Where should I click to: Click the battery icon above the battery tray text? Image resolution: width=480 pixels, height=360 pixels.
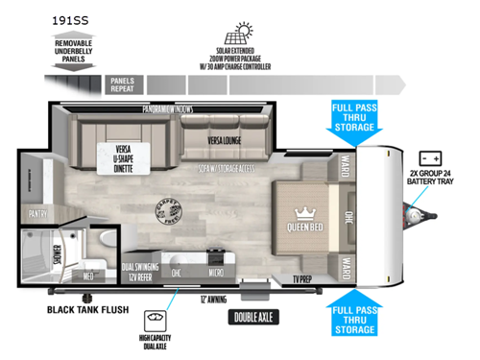[x=429, y=158]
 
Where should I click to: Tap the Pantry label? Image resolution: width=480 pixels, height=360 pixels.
[x=38, y=214]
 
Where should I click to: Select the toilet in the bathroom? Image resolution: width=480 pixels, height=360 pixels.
[x=108, y=244]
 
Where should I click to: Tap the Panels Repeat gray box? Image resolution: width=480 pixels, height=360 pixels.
[x=122, y=84]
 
